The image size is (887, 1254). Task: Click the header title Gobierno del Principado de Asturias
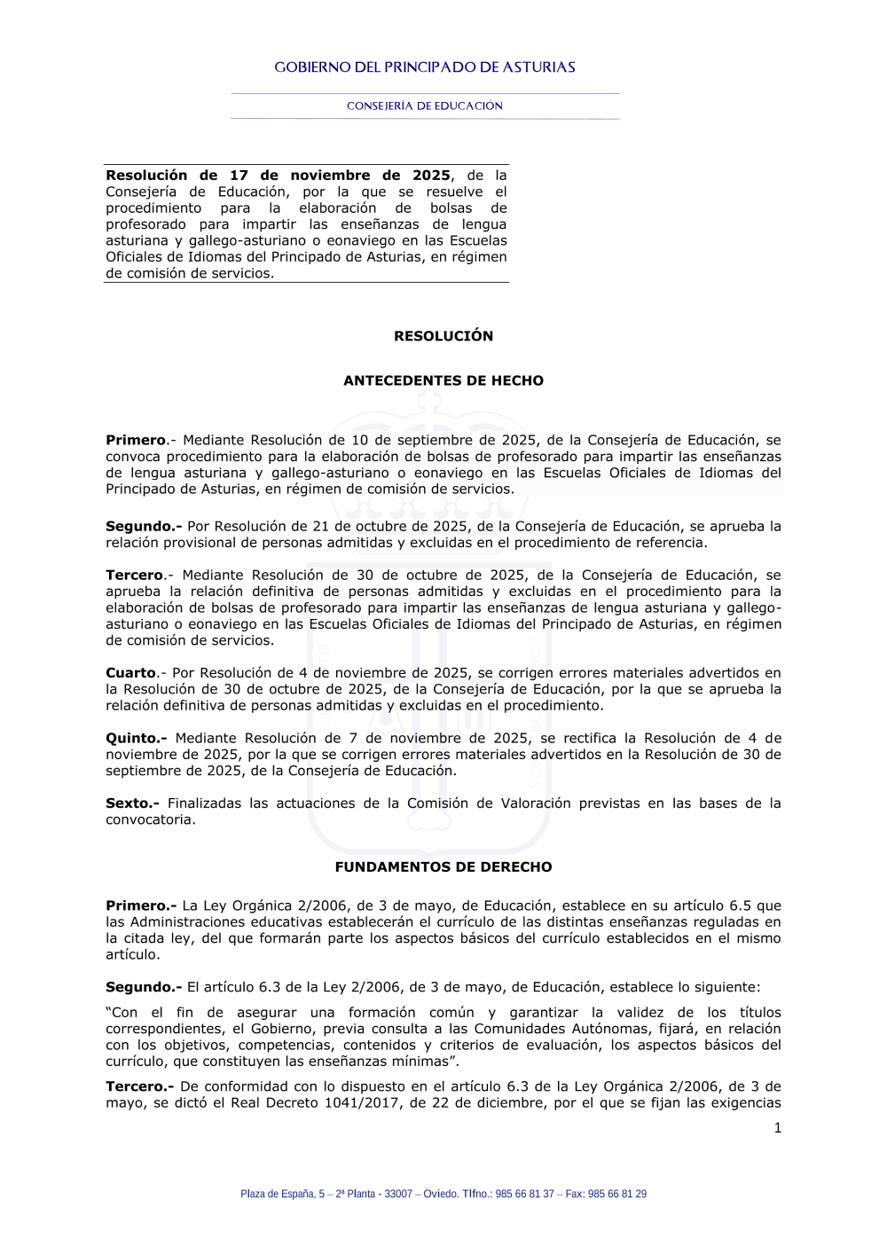425,67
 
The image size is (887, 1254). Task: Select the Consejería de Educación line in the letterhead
425,106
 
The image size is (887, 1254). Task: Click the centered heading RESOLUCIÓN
443,336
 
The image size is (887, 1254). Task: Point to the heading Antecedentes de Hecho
443,380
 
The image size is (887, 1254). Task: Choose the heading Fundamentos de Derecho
443,867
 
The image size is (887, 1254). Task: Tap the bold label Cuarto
130,673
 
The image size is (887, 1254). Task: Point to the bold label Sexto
132,803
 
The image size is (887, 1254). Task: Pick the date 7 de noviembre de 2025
439,738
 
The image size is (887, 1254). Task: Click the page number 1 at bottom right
778,1128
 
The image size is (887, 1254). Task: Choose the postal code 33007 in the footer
398,1194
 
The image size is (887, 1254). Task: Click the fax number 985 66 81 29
617,1194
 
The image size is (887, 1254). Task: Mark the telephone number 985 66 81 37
524,1194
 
